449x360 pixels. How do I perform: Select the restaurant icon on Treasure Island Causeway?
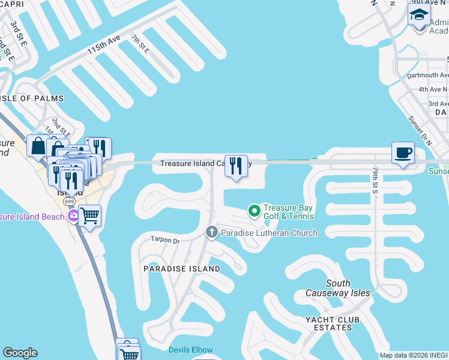(236, 165)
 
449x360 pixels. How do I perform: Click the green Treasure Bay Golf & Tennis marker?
(254, 211)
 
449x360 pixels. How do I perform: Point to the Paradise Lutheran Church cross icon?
(211, 232)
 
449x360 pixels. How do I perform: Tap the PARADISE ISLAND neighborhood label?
(181, 269)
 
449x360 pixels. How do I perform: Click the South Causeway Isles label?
(338, 288)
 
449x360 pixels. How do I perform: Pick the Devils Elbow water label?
(190, 350)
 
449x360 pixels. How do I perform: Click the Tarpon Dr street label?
(165, 241)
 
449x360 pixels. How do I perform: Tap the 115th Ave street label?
(104, 45)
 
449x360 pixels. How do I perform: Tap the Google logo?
(20, 353)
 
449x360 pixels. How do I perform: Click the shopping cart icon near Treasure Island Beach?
(89, 215)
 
